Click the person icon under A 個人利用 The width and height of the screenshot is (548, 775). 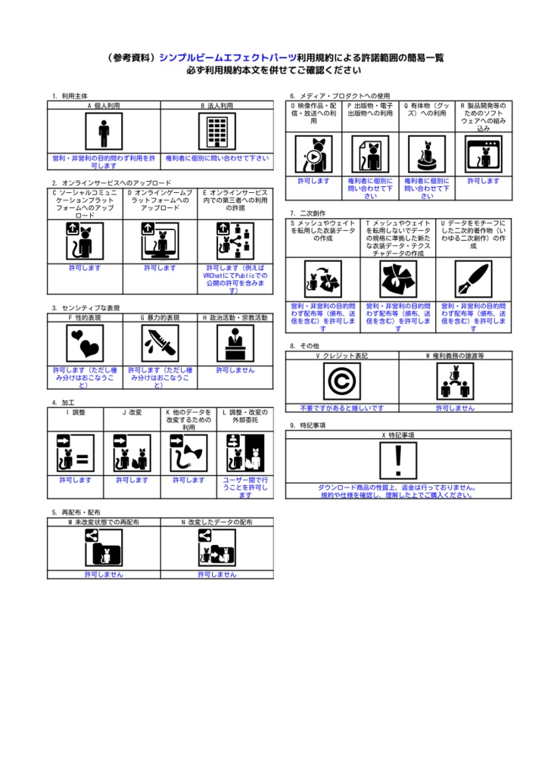pyautogui.click(x=104, y=133)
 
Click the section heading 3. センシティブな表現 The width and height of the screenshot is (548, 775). pyautogui.click(x=87, y=308)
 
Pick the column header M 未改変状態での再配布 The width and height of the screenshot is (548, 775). pyautogui.click(x=104, y=522)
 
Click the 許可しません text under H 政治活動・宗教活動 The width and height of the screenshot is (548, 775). pyautogui.click(x=235, y=370)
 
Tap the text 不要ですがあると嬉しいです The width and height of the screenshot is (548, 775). pyautogui.click(x=341, y=407)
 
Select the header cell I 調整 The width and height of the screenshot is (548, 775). pyautogui.click(x=75, y=413)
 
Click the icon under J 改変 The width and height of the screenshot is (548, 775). pyautogui.click(x=132, y=453)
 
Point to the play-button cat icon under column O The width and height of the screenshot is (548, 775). pyautogui.click(x=313, y=154)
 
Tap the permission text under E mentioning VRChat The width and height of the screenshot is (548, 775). pyautogui.click(x=235, y=279)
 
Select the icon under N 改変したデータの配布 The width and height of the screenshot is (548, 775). pyautogui.click(x=216, y=547)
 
